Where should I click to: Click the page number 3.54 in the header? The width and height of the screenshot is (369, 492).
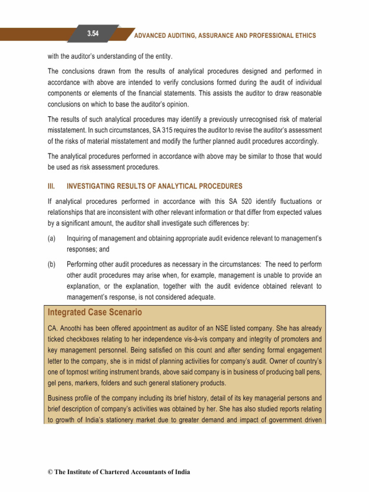(x=93, y=33)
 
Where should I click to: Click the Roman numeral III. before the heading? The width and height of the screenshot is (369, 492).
(x=51, y=186)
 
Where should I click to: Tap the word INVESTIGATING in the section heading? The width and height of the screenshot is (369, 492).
(x=91, y=186)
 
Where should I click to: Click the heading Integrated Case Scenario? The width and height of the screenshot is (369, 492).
(x=95, y=313)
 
